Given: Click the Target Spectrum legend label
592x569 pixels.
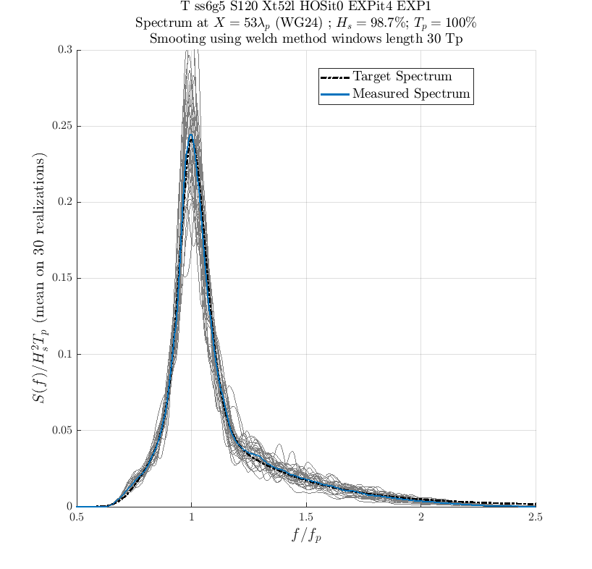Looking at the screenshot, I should click(402, 77).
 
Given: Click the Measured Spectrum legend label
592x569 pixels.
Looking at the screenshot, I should click(411, 94).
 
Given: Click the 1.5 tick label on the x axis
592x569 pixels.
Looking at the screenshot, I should click(306, 518).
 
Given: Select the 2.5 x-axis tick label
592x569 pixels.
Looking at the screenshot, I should click(536, 518).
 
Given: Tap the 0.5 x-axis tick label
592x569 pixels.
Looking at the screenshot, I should click(77, 518).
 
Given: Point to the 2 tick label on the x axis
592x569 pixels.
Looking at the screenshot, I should click(421, 518).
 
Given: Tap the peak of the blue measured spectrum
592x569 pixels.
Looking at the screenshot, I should click(190, 134).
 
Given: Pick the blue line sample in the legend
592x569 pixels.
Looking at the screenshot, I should click(335, 94).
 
